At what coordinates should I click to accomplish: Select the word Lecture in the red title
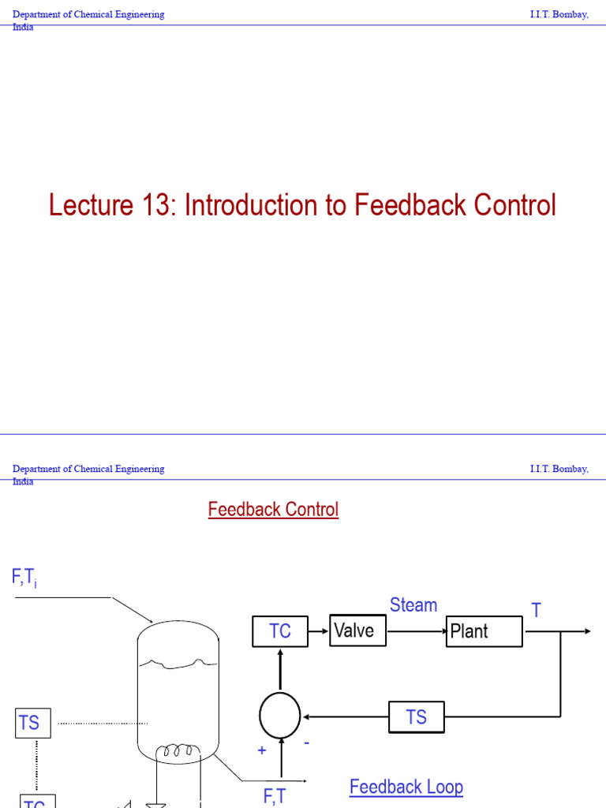[x=88, y=205]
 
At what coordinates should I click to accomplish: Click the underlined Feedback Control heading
[x=273, y=510]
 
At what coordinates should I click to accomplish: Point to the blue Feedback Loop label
[x=406, y=787]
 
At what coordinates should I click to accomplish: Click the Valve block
[x=357, y=630]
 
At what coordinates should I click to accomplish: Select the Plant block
[x=484, y=631]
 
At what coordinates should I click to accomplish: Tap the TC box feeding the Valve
[x=280, y=631]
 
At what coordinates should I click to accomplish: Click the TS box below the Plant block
[x=416, y=717]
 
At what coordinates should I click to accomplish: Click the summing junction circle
[x=280, y=716]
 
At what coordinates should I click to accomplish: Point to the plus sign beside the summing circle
[x=262, y=750]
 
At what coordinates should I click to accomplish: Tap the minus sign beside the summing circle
[x=306, y=743]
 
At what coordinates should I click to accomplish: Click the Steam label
[x=413, y=605]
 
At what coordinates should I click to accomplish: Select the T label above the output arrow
[x=537, y=611]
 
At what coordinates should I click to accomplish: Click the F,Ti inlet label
[x=24, y=578]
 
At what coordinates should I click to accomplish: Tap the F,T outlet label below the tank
[x=275, y=796]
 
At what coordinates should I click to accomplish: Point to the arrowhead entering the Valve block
[x=325, y=631]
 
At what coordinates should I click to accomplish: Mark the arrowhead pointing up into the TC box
[x=280, y=651]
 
